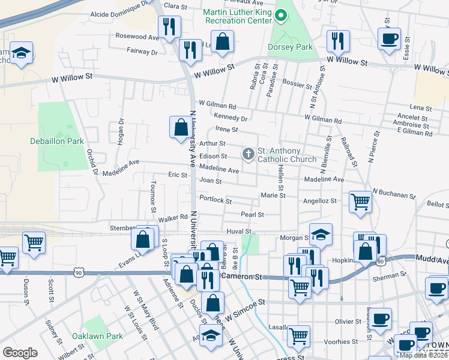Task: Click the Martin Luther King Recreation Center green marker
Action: [x=280, y=13]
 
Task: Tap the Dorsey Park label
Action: [x=292, y=44]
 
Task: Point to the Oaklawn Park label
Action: [x=97, y=336]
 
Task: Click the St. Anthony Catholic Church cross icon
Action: [x=248, y=155]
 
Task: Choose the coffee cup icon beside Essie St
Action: [x=389, y=39]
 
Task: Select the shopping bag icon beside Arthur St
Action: [x=181, y=127]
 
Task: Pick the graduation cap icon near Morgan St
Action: [x=321, y=235]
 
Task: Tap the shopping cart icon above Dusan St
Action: [x=34, y=242]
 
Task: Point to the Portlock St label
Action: [x=211, y=199]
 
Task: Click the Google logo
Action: [x=20, y=353]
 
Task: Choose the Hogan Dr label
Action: [x=120, y=131]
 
